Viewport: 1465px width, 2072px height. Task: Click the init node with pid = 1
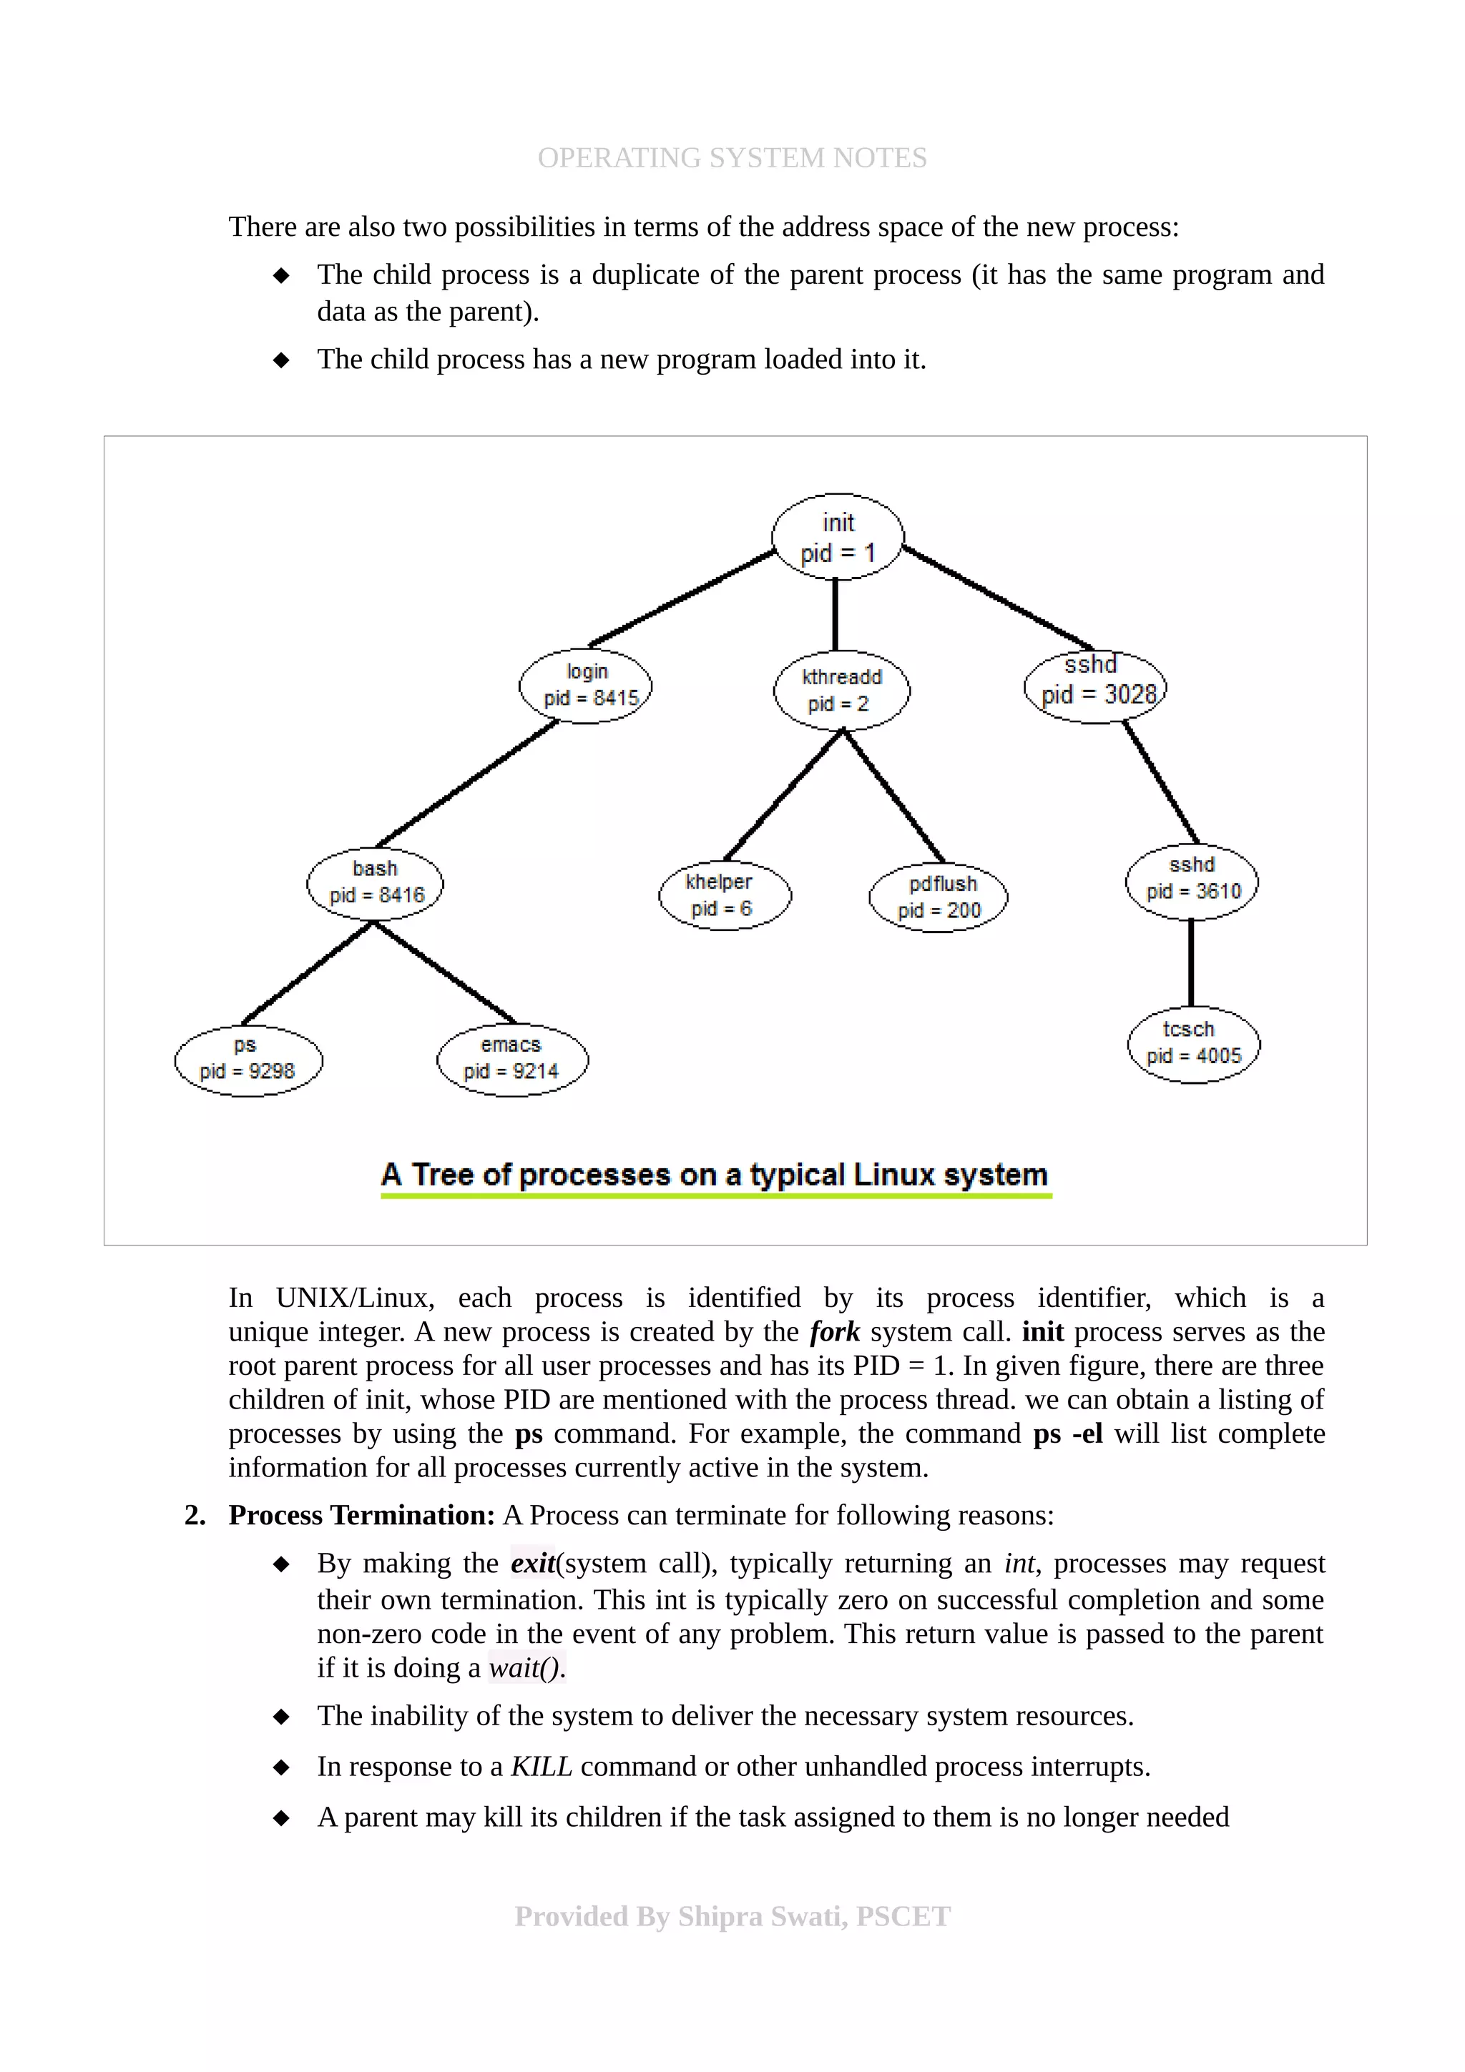coord(838,537)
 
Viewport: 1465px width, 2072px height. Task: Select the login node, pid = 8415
coord(586,685)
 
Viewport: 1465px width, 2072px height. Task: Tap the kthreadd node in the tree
coord(841,691)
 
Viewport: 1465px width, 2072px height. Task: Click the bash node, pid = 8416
coord(376,882)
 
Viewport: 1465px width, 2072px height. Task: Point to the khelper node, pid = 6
coord(724,895)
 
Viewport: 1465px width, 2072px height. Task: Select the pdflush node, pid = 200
coord(939,897)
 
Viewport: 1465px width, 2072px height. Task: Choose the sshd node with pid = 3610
coord(1192,880)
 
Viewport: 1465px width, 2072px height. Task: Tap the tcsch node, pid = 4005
coord(1193,1044)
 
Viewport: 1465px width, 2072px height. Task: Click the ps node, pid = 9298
coord(248,1060)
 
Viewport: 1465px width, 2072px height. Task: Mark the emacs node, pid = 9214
coord(511,1059)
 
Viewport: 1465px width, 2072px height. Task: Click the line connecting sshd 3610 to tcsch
coord(1192,963)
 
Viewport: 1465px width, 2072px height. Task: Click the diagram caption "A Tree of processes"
coord(715,1174)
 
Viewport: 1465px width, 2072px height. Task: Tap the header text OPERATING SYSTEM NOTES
coord(732,157)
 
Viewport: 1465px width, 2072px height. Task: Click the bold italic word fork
coord(834,1331)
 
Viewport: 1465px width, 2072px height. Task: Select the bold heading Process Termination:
coord(361,1515)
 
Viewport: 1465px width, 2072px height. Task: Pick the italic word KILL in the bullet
coord(541,1766)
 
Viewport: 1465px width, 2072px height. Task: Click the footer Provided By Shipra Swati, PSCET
coord(732,1916)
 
